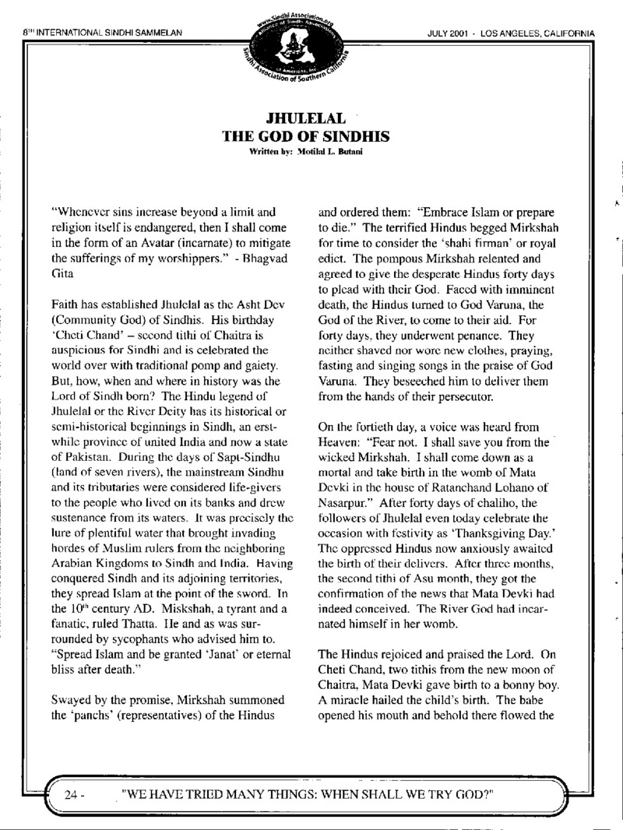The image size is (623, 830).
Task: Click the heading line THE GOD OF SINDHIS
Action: point(306,136)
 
